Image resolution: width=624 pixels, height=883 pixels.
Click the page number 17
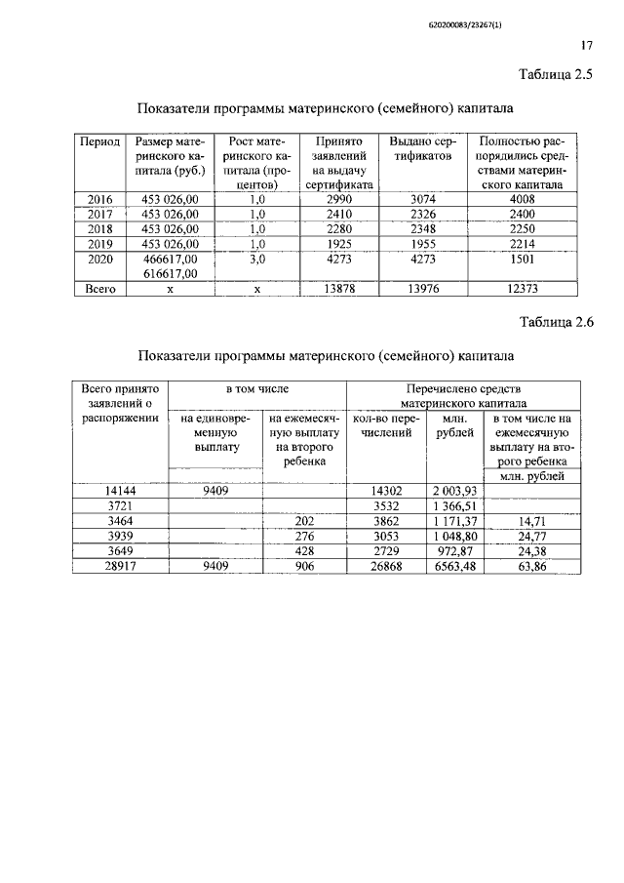pos(587,45)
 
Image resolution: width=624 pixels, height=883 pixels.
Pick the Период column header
pos(100,141)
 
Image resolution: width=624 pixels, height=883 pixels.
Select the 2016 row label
pos(100,200)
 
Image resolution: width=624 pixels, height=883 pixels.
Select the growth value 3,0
pos(257,259)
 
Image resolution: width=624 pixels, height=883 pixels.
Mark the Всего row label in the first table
pos(100,288)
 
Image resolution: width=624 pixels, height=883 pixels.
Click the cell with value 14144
pos(119,491)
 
